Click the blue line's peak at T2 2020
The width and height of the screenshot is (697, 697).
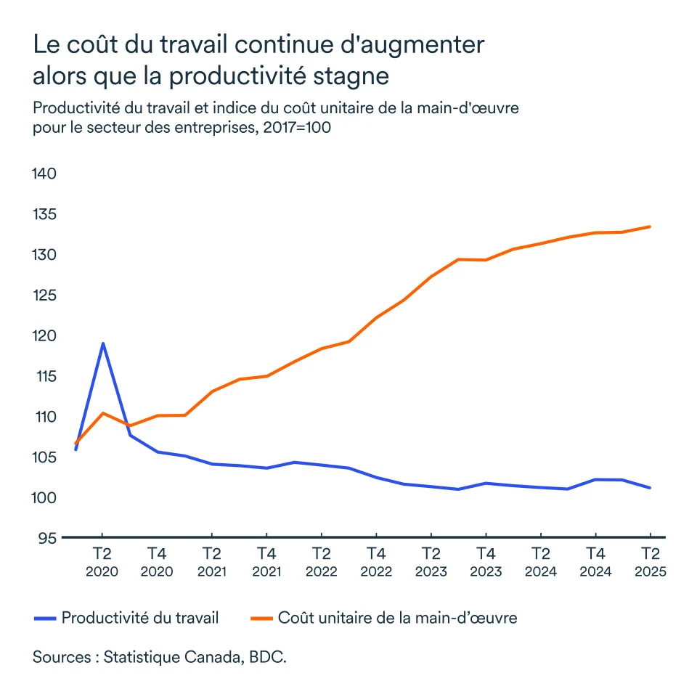[103, 343]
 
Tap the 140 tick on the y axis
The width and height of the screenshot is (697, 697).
[44, 174]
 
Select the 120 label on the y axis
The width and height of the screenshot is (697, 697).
[44, 336]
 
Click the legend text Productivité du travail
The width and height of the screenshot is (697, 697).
[140, 618]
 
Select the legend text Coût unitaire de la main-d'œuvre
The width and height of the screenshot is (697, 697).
[397, 618]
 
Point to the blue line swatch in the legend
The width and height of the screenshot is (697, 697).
[45, 619]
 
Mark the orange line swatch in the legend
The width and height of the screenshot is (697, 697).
[261, 619]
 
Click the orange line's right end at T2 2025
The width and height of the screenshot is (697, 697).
[650, 227]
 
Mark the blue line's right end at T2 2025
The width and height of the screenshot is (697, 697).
[650, 488]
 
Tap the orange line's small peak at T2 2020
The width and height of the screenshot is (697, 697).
[103, 413]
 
